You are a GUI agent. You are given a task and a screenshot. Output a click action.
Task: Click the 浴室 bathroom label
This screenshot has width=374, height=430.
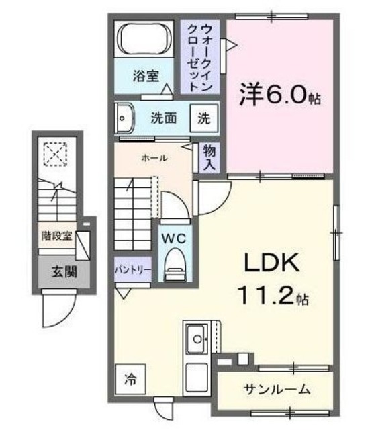(145, 75)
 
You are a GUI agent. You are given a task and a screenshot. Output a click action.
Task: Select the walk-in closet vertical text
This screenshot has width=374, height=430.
(200, 57)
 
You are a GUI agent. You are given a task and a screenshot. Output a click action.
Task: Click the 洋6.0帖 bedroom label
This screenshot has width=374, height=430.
(279, 95)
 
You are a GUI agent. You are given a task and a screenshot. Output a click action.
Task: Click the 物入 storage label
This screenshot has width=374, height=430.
(209, 159)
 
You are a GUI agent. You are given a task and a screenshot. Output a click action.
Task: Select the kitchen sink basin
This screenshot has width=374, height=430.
(197, 339)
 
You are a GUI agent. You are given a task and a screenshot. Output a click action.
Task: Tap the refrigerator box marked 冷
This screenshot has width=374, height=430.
(129, 379)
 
